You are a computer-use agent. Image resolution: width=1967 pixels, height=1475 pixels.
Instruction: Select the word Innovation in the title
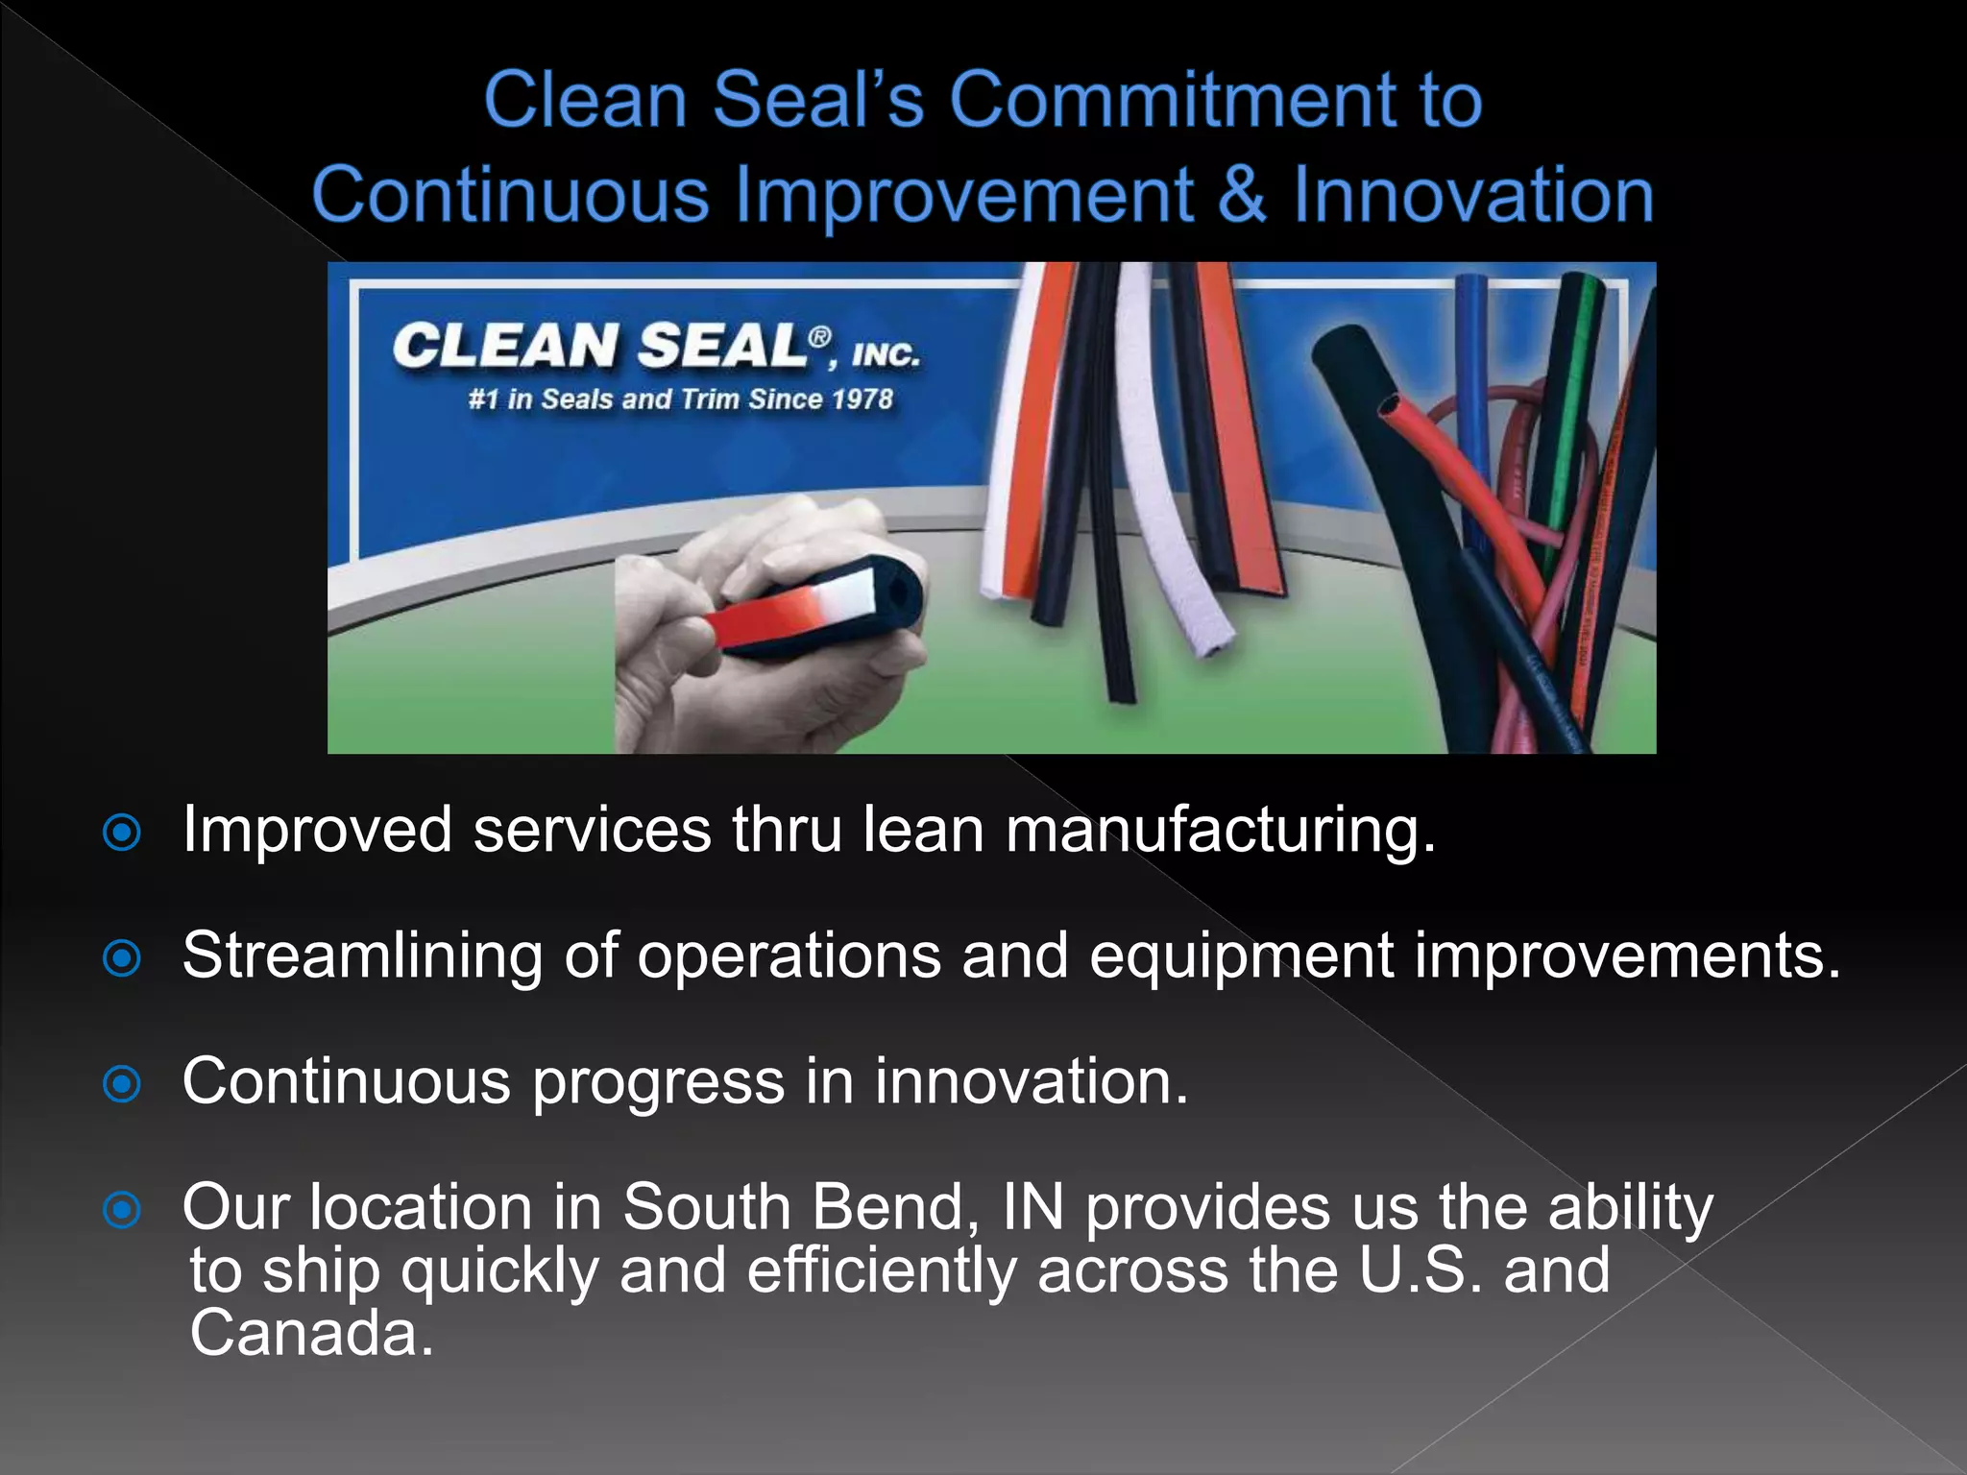click(x=1474, y=195)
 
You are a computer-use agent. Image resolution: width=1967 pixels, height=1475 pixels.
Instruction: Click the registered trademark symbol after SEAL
click(x=819, y=336)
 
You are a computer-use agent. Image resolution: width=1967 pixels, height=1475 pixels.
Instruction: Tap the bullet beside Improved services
click(x=122, y=833)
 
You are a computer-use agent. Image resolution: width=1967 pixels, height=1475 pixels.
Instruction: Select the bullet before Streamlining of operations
click(x=122, y=958)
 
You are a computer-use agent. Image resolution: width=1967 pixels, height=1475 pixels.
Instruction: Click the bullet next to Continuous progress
click(x=122, y=1084)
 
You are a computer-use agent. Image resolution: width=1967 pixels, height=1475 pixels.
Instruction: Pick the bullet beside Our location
click(x=122, y=1210)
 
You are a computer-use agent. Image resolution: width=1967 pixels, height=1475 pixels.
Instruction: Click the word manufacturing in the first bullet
click(x=1220, y=831)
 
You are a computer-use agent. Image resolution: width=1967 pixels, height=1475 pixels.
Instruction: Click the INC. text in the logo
click(x=886, y=354)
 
